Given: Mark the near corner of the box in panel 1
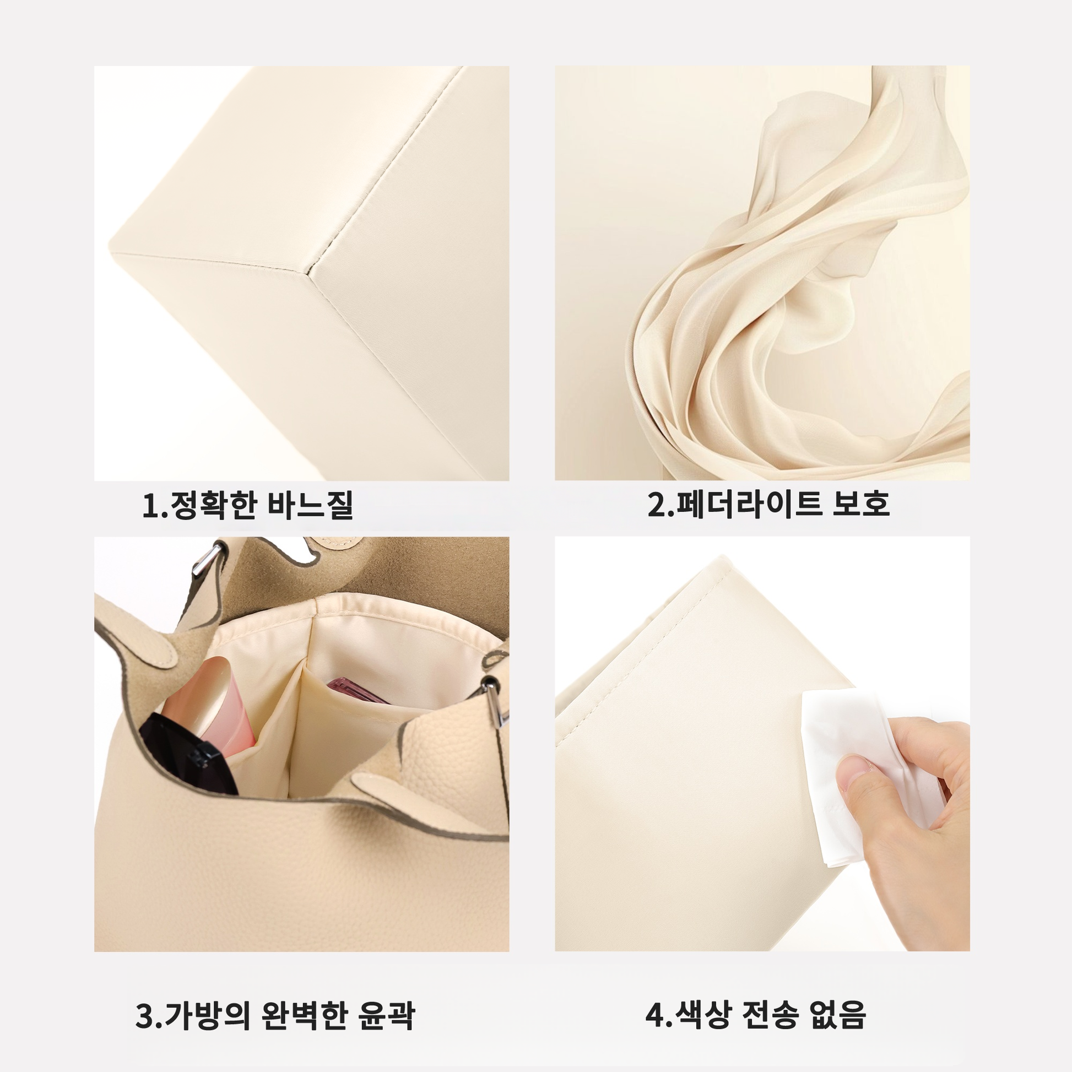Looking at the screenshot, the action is [308, 271].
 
